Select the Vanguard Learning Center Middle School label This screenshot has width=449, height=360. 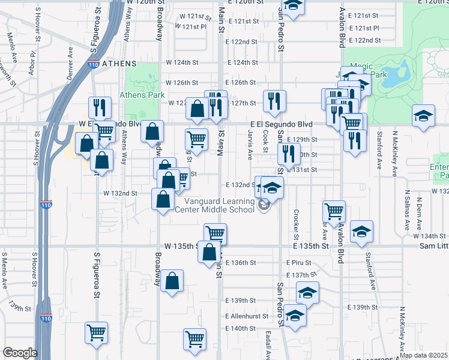[214, 205]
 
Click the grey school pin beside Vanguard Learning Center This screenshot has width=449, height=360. [264, 206]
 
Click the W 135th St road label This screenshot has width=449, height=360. [181, 247]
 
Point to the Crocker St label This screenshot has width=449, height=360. [297, 223]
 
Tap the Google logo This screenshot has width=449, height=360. [20, 353]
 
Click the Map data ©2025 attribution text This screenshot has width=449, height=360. [423, 355]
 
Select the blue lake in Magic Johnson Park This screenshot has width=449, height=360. [396, 74]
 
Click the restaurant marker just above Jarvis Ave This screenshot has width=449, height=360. [274, 102]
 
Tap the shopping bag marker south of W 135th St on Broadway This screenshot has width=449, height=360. [172, 281]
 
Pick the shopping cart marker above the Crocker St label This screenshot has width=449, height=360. [334, 211]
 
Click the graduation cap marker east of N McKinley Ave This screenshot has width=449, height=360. [424, 115]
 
